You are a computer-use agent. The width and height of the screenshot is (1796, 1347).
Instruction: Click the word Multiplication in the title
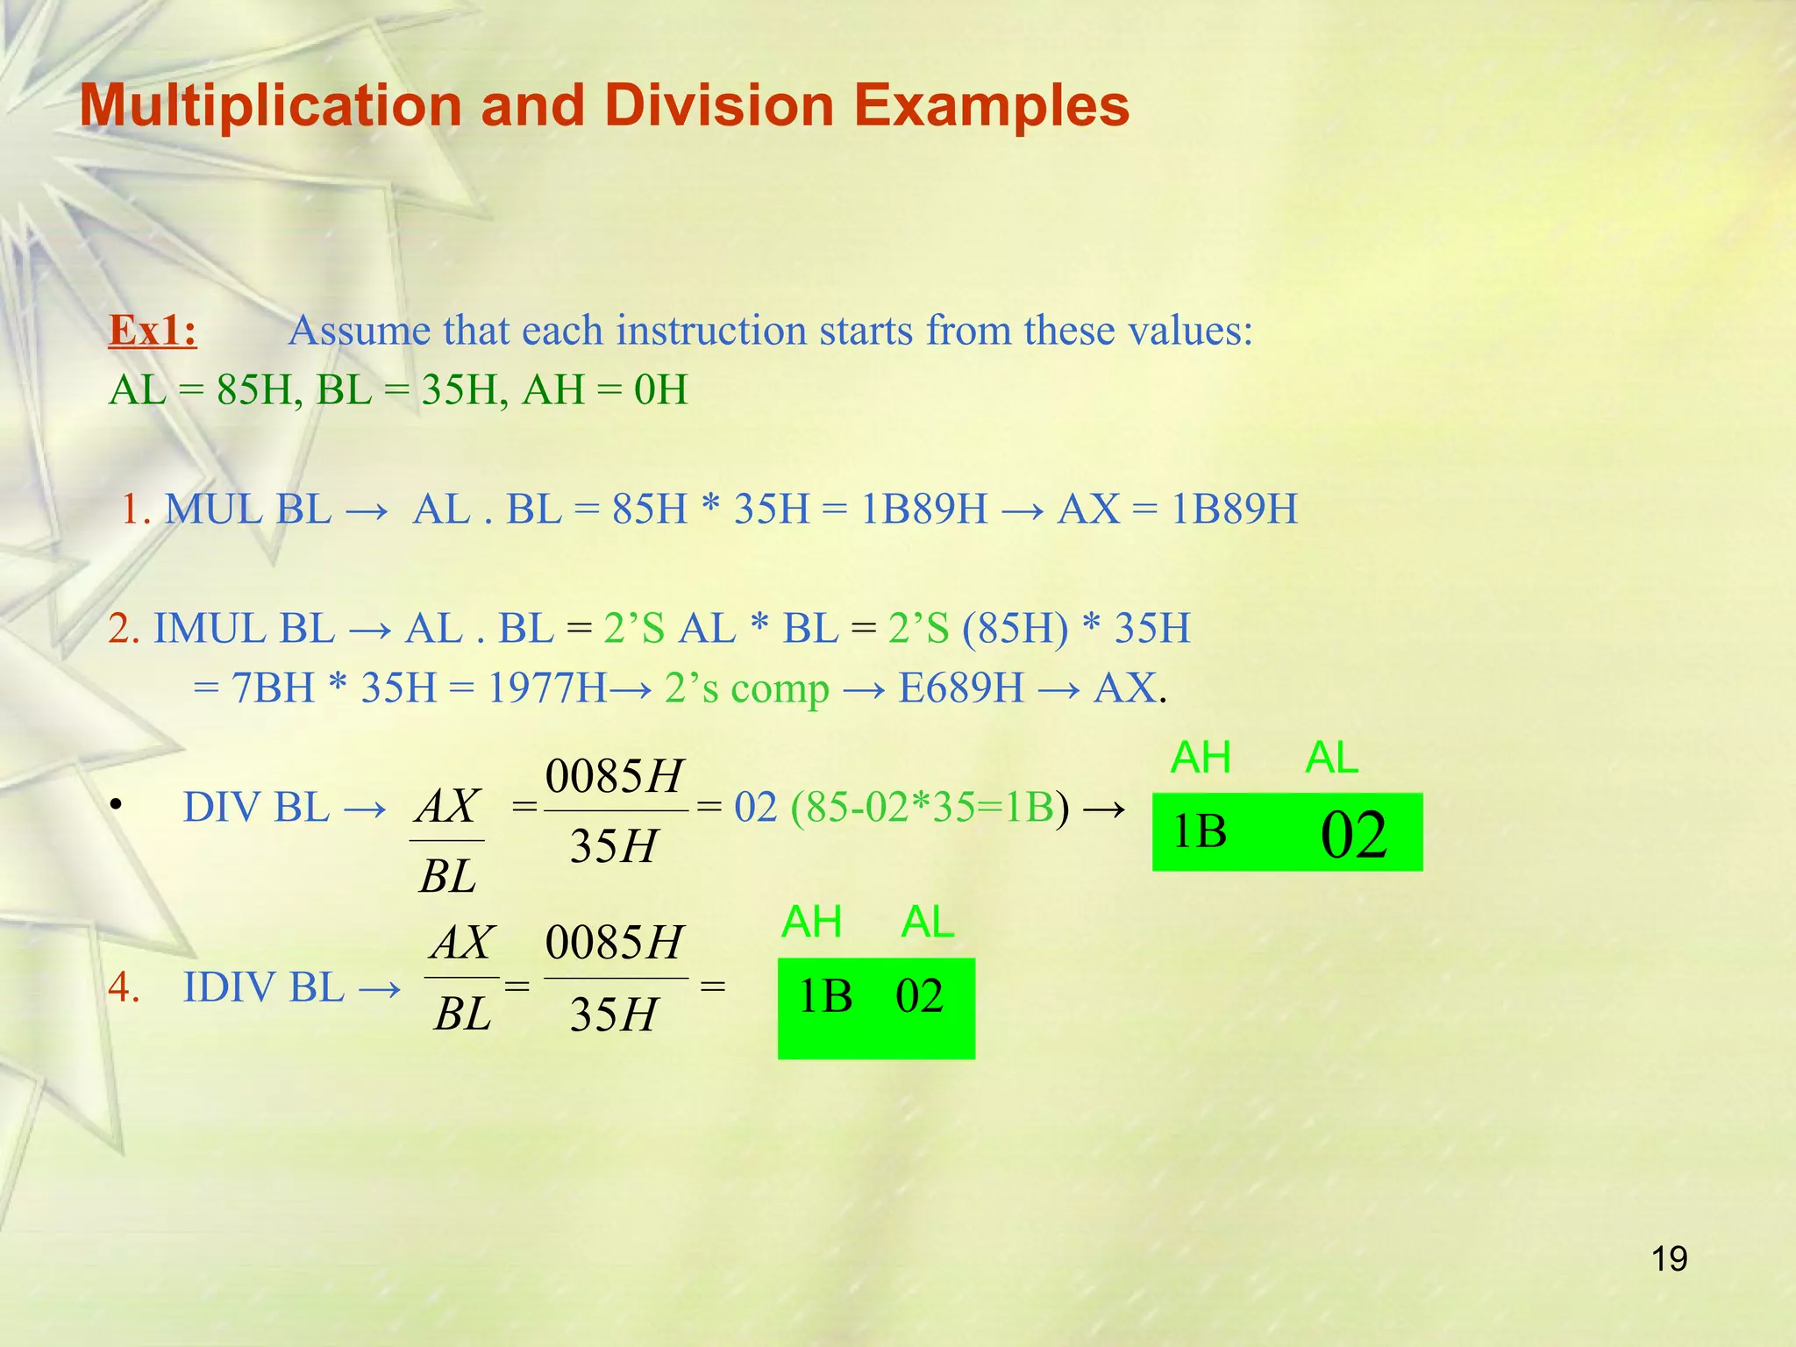(x=270, y=106)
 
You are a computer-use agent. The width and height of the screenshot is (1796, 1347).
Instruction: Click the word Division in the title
(x=719, y=106)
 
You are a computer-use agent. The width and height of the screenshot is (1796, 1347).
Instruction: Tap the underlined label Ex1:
(x=153, y=331)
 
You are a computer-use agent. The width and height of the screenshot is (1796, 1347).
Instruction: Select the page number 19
(x=1669, y=1259)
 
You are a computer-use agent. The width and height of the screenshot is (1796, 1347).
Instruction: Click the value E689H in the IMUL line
(x=961, y=688)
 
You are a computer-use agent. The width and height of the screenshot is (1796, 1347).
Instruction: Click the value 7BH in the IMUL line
(x=273, y=688)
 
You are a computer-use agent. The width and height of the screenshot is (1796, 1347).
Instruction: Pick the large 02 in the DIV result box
(x=1353, y=834)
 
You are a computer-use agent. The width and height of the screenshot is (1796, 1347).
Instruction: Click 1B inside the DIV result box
(x=1200, y=832)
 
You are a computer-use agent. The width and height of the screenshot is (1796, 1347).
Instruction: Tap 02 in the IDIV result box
(x=919, y=997)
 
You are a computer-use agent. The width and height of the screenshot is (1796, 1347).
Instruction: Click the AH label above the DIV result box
(x=1201, y=758)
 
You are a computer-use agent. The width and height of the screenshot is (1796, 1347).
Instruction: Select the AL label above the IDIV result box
(x=928, y=923)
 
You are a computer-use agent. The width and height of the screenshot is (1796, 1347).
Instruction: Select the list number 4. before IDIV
(x=125, y=987)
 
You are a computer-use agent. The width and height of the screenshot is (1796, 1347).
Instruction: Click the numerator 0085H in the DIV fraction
(x=613, y=777)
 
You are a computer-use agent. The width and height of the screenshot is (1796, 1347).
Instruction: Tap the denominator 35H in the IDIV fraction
(x=613, y=1016)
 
